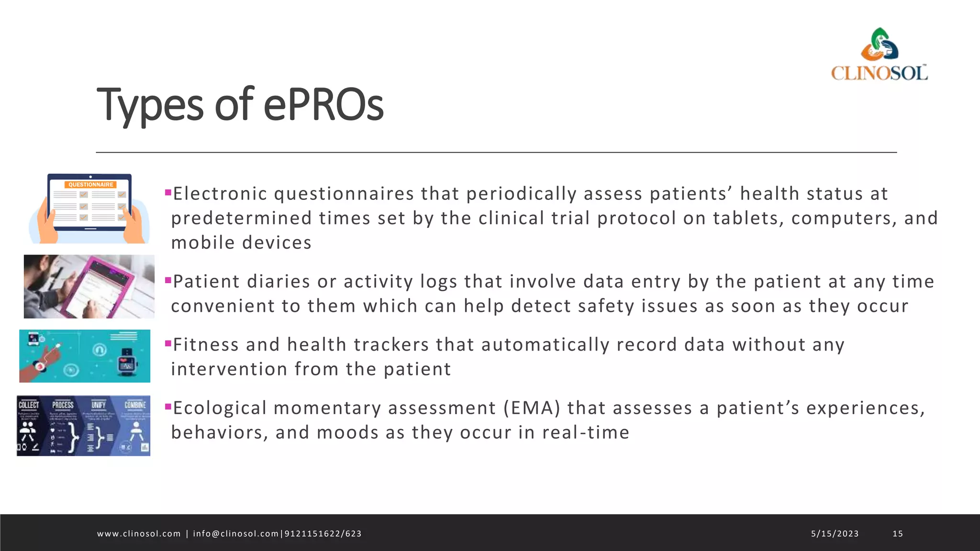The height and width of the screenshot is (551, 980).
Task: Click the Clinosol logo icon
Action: click(880, 44)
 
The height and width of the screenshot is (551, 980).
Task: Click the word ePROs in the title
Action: click(323, 104)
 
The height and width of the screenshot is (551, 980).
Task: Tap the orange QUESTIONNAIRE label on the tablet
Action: click(90, 185)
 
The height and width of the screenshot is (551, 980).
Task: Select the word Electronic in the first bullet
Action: click(220, 194)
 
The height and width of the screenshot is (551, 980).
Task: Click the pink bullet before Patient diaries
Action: click(168, 280)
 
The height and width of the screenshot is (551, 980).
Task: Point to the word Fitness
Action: click(206, 345)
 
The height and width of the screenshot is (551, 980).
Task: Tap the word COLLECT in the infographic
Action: click(29, 405)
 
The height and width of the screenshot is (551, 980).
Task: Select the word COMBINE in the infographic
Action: click(135, 405)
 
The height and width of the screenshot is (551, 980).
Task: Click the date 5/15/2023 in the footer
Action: click(835, 534)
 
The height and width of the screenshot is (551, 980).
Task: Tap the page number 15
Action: click(898, 534)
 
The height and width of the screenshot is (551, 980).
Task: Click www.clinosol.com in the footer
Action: click(139, 534)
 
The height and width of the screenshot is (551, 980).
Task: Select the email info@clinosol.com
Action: click(235, 534)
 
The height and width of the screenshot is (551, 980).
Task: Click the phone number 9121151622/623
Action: click(323, 534)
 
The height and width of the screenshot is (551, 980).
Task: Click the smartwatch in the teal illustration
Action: click(127, 363)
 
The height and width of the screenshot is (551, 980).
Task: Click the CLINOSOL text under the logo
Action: click(880, 73)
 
